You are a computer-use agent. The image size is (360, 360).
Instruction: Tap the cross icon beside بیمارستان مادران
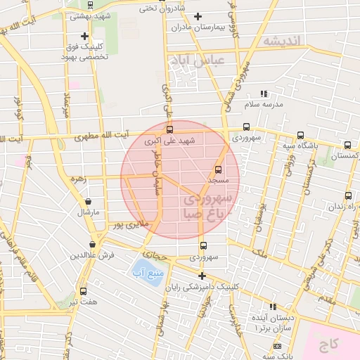click(x=198, y=15)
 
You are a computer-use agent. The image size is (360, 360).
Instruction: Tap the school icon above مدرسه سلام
click(x=264, y=94)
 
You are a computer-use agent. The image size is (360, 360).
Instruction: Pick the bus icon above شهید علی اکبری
click(x=169, y=129)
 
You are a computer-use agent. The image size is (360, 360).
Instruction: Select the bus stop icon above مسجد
click(x=217, y=169)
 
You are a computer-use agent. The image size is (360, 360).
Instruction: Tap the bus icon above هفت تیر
click(x=84, y=291)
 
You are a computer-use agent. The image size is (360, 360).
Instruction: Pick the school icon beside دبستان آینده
click(x=273, y=307)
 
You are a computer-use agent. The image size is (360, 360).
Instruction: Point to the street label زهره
click(x=78, y=179)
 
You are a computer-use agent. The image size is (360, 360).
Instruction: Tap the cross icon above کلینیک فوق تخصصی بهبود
click(x=84, y=36)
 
